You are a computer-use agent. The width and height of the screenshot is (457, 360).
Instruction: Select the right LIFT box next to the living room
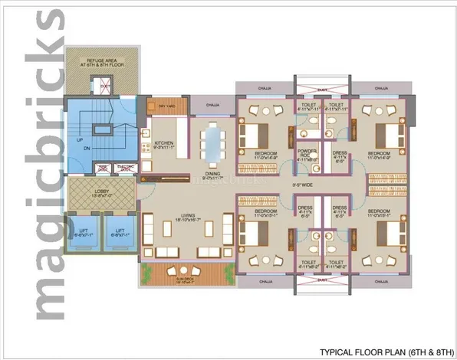click(x=120, y=233)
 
